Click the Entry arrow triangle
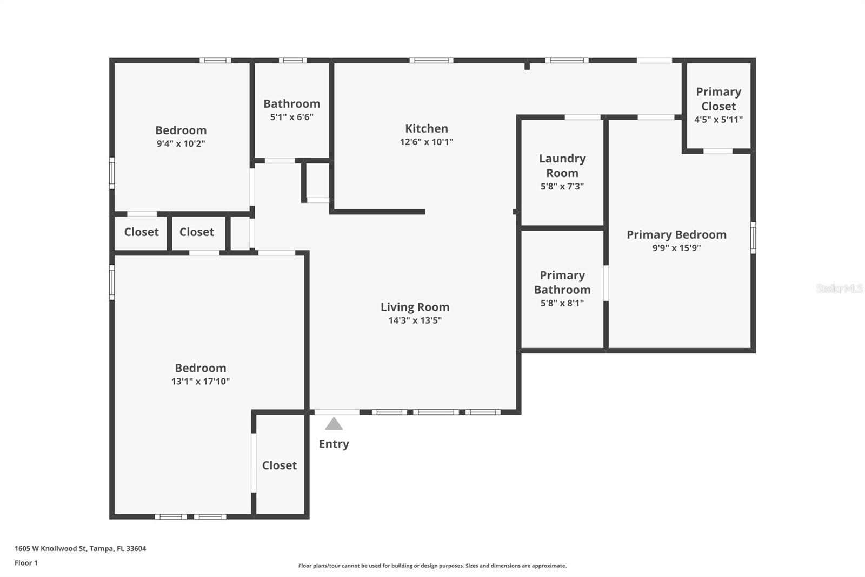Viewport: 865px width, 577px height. pos(334,424)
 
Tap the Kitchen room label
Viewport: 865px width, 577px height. pos(427,129)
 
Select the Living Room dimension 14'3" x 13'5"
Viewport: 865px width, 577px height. pos(415,320)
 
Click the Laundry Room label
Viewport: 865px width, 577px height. pos(562,166)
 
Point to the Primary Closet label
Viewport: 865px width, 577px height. pos(718,99)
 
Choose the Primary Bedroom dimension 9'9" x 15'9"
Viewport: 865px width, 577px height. pos(676,248)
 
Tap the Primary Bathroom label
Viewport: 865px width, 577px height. pos(562,283)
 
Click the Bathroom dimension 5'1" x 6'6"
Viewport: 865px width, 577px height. pos(291,117)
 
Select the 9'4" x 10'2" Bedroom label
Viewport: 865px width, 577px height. pos(181,130)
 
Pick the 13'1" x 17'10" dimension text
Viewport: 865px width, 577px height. pos(201,382)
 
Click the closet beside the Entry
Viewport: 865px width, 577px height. pos(280,465)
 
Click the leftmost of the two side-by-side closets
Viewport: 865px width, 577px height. pos(141,232)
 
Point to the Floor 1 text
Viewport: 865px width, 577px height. pos(26,563)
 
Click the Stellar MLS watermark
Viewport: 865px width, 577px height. pos(839,289)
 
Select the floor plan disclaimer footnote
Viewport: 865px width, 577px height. pos(432,566)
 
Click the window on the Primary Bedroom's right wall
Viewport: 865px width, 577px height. pos(753,237)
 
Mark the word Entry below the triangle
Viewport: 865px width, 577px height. pos(334,444)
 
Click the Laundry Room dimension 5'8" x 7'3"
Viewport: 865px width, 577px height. pos(562,187)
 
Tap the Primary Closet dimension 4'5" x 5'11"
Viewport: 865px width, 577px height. pos(718,120)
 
